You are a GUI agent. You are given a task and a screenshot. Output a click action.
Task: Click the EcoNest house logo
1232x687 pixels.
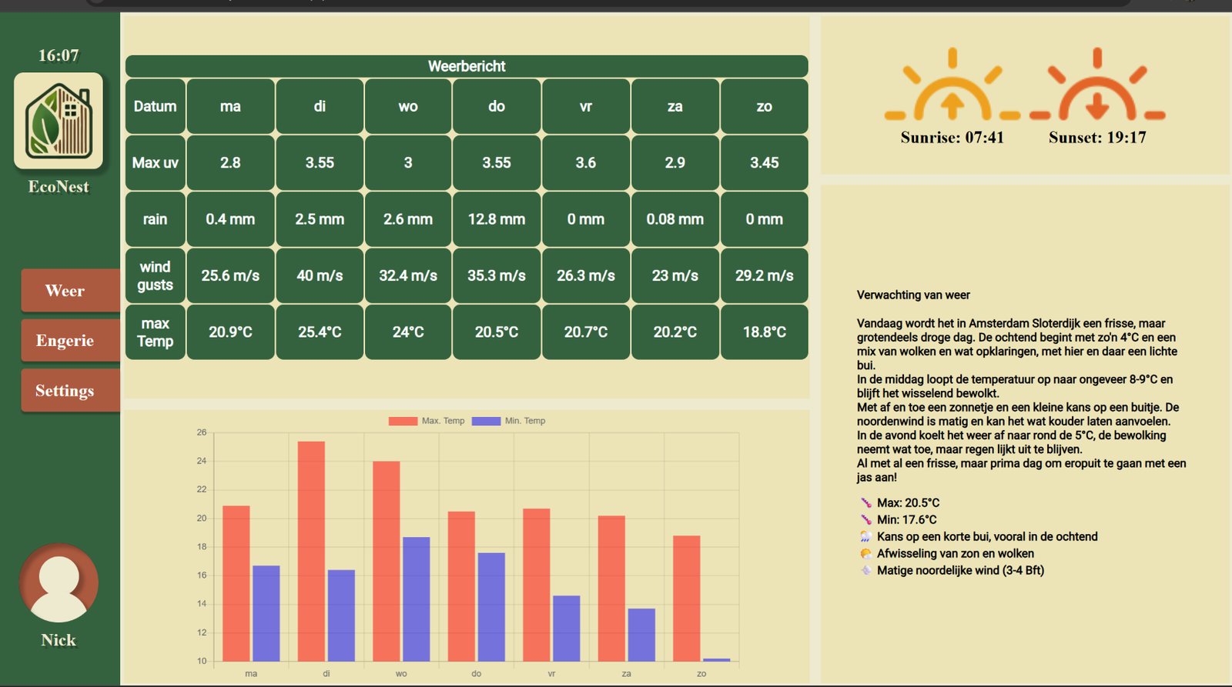click(x=59, y=120)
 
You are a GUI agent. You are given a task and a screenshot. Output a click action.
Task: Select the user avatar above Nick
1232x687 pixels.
click(x=59, y=583)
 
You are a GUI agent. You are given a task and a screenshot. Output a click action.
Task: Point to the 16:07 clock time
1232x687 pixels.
click(x=59, y=55)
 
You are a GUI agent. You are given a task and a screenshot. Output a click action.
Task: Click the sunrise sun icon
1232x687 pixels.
click(x=952, y=85)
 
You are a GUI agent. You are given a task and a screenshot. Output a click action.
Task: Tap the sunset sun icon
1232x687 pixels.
click(x=1097, y=85)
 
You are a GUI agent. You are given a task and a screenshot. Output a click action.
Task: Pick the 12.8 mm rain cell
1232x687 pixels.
click(x=497, y=219)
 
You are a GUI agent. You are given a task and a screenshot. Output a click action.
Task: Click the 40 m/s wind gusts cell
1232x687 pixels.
click(x=320, y=275)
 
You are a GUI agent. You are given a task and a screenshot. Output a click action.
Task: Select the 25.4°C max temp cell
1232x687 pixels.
click(x=320, y=332)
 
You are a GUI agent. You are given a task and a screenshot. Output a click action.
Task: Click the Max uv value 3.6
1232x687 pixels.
click(x=586, y=162)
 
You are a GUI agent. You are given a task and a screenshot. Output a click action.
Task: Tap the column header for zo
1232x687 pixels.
click(x=764, y=106)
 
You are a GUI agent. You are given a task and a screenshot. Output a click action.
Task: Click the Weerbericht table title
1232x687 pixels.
click(x=467, y=66)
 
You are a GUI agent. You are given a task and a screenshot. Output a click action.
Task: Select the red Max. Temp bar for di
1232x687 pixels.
click(x=311, y=552)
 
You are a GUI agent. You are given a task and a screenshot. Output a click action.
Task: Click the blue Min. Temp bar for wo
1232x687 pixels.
click(x=417, y=599)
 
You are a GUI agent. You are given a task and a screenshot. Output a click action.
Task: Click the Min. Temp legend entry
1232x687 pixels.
click(x=509, y=421)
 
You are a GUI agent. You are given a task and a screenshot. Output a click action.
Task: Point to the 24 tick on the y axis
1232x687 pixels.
click(x=202, y=461)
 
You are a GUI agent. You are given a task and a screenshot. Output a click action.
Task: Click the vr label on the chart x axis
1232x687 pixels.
click(x=551, y=674)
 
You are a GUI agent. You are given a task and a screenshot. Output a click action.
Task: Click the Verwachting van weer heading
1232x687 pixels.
click(x=913, y=295)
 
